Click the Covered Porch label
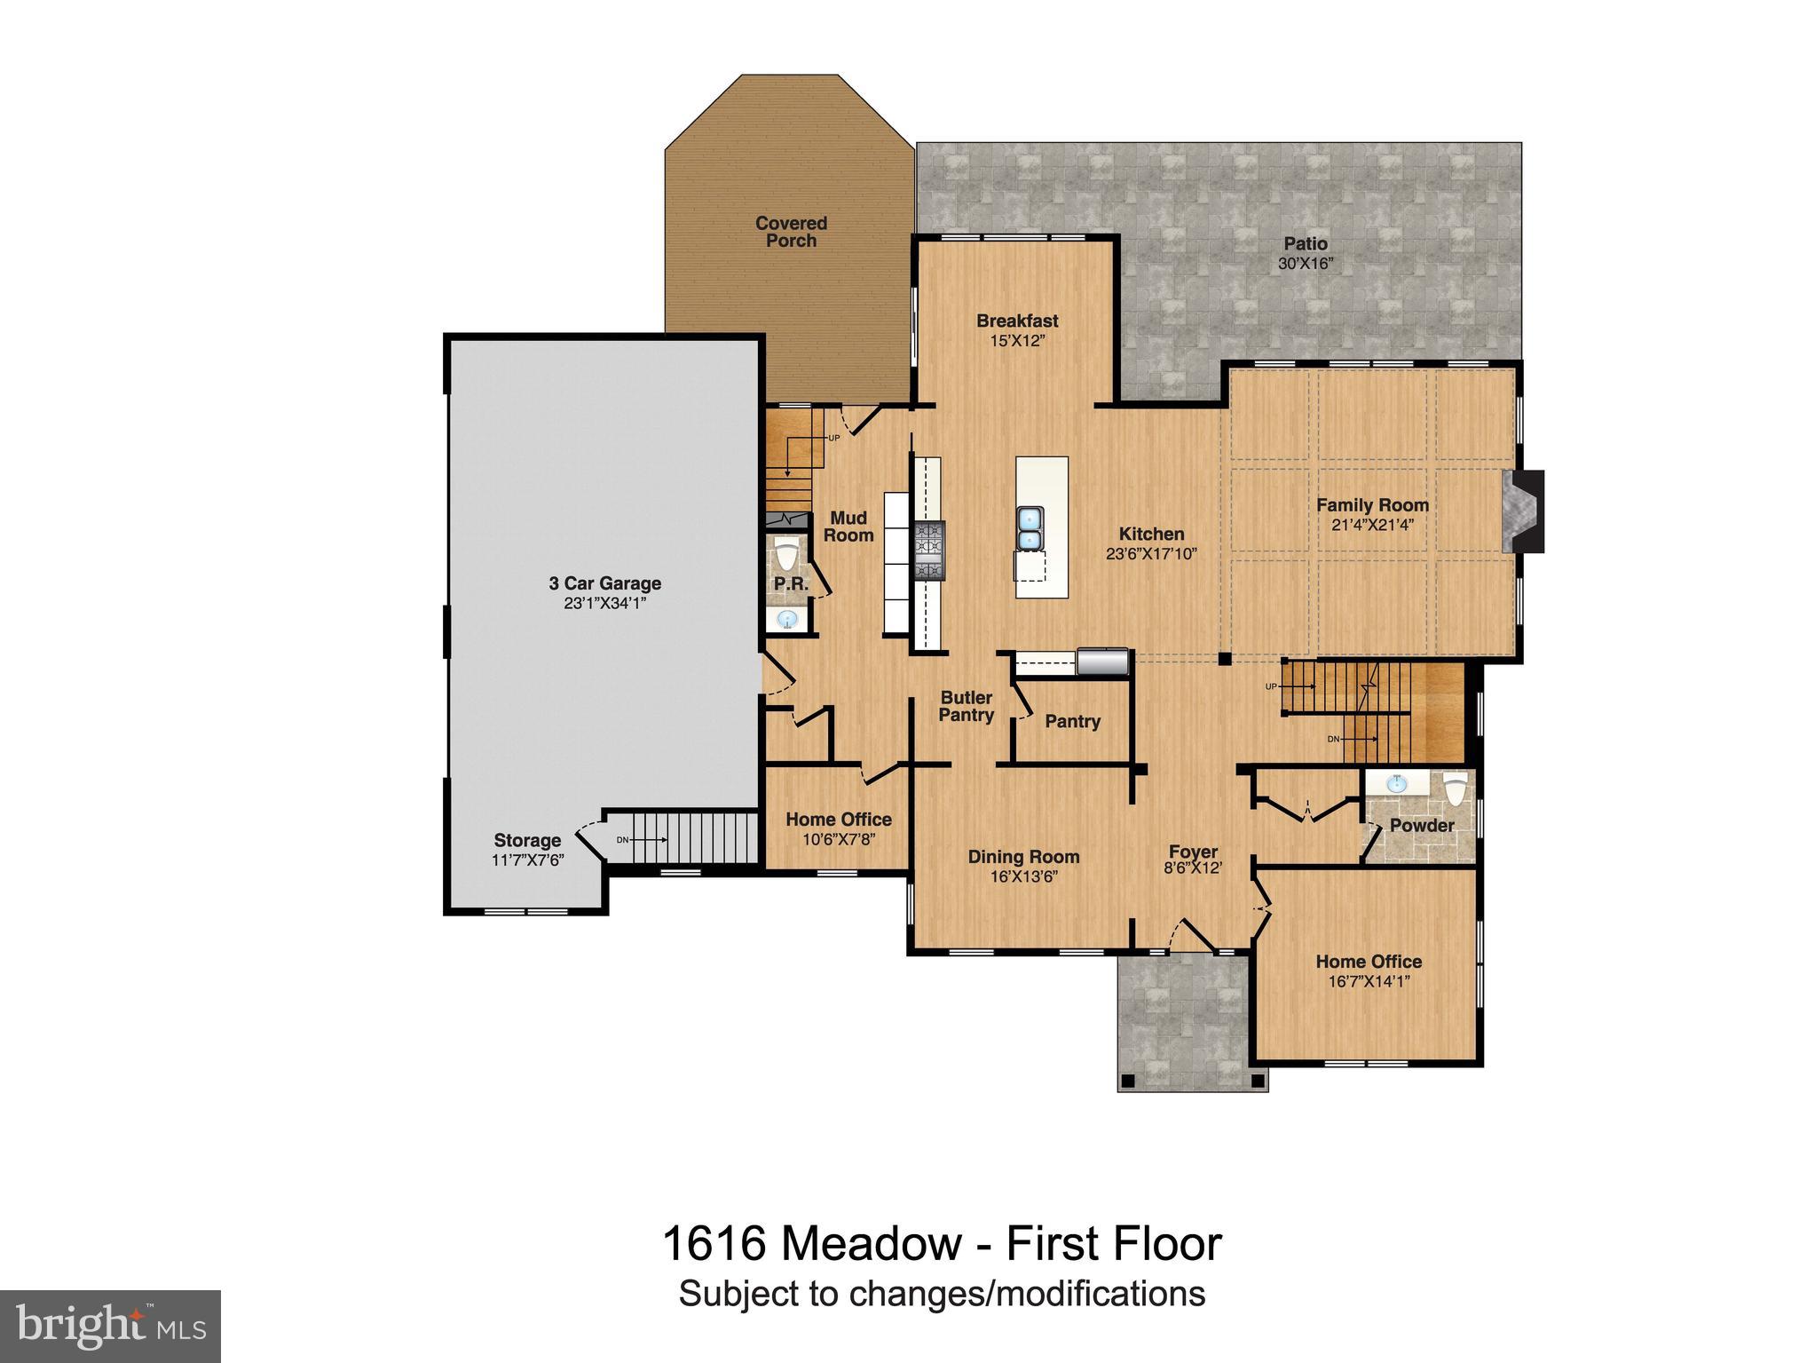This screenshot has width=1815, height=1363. coord(791,232)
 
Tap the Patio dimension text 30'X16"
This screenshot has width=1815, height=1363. coord(1306,264)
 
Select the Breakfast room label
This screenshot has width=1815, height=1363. coord(1017,321)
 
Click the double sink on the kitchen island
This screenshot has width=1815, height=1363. coord(1030,529)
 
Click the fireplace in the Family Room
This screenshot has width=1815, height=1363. coord(1523,511)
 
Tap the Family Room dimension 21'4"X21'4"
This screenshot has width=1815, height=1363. coord(1372,525)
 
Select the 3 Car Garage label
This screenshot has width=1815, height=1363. coord(604,583)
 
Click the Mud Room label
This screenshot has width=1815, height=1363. coord(848,526)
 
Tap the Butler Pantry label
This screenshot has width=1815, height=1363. coord(967,706)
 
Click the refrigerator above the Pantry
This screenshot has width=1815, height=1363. coord(1102,662)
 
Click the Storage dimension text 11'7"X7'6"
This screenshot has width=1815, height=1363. coord(527,860)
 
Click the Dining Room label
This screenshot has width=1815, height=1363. coord(1023,857)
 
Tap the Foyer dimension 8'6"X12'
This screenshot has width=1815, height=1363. coord(1193,868)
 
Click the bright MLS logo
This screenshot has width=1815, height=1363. coord(110,1326)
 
